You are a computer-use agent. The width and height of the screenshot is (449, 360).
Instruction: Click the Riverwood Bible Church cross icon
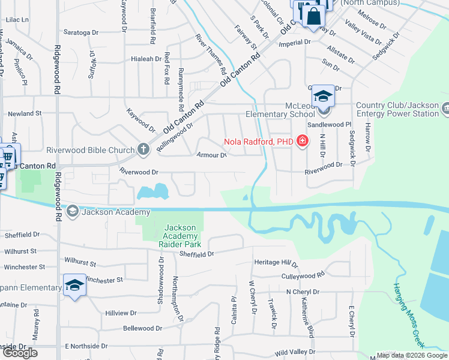click(143, 149)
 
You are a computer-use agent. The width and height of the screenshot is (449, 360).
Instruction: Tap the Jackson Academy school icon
click(72, 211)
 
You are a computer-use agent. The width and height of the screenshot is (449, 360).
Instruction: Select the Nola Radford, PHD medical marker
click(303, 142)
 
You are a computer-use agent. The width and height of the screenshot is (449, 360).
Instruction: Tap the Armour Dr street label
click(212, 155)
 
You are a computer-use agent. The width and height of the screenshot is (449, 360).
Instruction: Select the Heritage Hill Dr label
click(276, 263)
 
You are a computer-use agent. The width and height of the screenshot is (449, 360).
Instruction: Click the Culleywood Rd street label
click(303, 274)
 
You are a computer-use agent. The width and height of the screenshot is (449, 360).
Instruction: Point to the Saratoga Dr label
click(81, 32)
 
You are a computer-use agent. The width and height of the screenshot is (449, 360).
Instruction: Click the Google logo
click(20, 353)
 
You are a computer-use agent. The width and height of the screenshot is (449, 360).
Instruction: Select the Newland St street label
click(23, 113)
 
